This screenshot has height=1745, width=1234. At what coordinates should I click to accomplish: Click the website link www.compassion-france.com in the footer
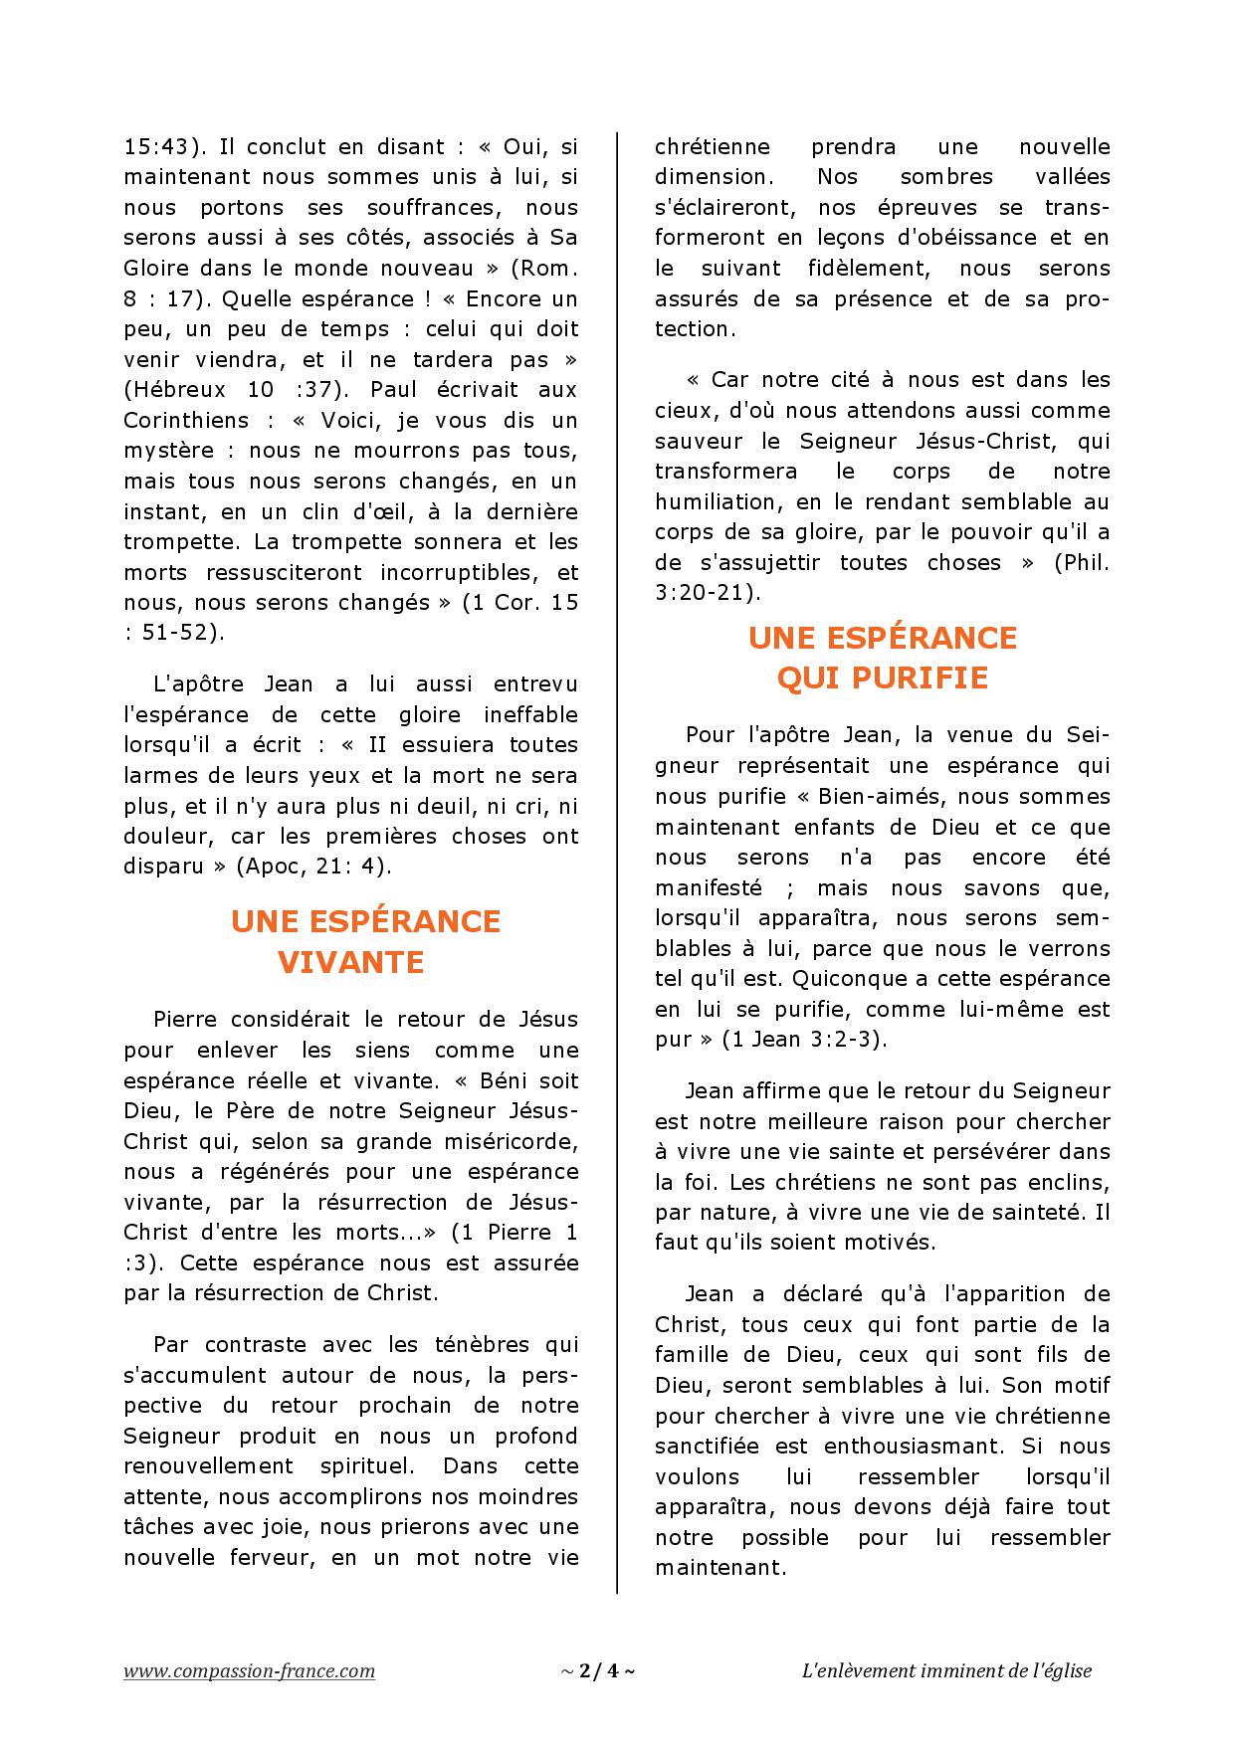coord(249,1670)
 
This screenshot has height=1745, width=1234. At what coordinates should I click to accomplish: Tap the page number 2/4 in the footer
coord(597,1670)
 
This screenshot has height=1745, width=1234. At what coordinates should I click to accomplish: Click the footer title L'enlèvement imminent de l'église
coord(946,1670)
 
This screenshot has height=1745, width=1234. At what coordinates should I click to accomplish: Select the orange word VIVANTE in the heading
coord(350,962)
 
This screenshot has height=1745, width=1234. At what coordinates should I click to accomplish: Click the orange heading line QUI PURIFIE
coord(882,678)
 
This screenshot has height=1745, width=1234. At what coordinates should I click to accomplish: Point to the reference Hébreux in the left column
coord(185,389)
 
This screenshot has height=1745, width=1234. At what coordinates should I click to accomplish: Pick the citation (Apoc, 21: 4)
coord(314,866)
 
